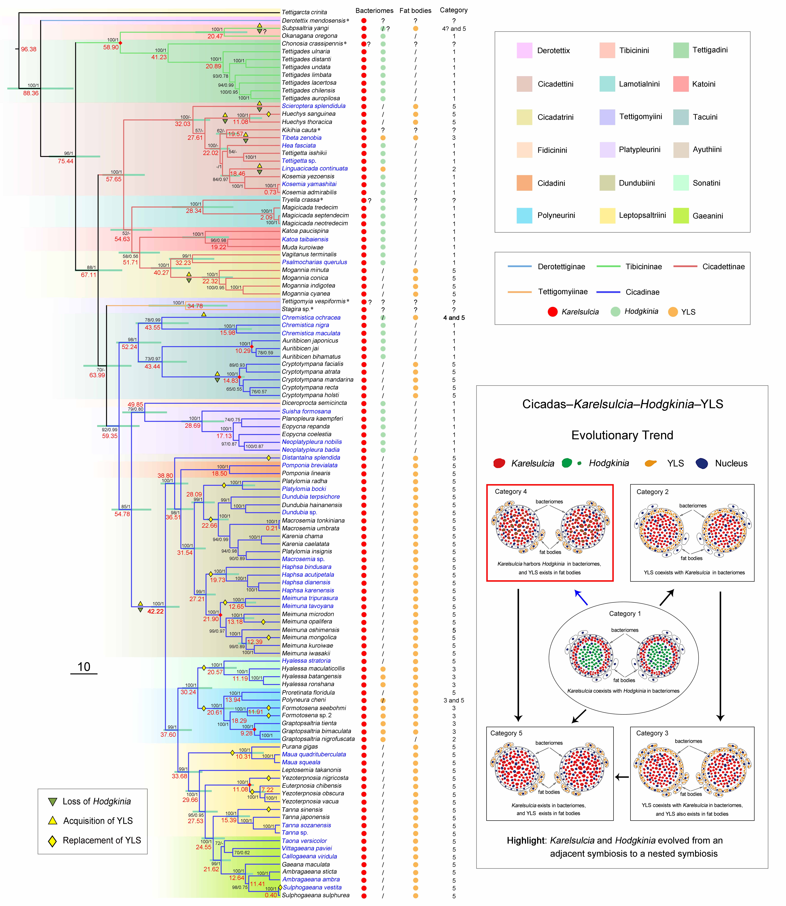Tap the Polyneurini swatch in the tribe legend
point(524,215)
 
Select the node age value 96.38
point(29,49)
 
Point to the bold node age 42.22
point(155,611)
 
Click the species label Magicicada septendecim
point(315,215)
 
